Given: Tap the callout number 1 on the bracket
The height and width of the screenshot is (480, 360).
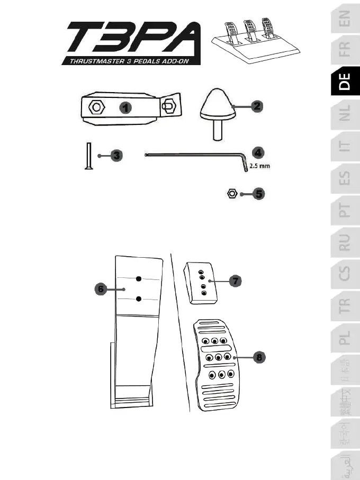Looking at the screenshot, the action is (x=125, y=107).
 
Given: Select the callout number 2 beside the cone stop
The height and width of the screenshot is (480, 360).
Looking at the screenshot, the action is (x=256, y=106).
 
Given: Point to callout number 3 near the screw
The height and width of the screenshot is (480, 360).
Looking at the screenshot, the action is (x=116, y=156).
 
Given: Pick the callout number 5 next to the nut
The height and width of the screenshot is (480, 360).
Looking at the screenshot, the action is (x=258, y=194).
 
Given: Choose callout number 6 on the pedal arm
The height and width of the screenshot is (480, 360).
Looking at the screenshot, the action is (x=99, y=289).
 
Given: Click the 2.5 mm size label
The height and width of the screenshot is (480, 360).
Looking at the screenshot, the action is (x=260, y=166).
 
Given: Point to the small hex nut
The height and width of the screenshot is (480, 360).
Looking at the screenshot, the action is (x=231, y=194).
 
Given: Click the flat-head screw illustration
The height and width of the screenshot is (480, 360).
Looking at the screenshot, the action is (x=88, y=156).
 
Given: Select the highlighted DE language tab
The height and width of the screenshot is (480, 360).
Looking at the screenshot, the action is (x=345, y=82).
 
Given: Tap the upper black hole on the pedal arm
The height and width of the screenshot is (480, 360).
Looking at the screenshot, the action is (x=138, y=279).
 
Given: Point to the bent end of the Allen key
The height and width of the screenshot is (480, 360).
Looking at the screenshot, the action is (x=245, y=165).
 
